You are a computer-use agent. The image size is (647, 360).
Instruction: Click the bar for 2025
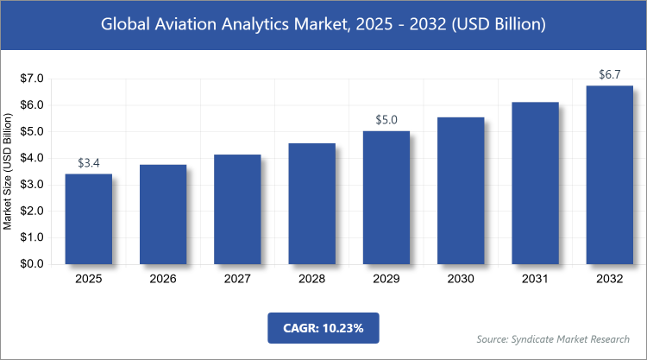[88, 219]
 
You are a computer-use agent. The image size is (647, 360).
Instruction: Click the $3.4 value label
[88, 163]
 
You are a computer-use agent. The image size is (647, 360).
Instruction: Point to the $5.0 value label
[386, 120]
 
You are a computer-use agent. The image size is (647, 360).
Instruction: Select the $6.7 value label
[609, 74]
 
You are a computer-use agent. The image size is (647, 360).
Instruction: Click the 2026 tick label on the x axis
[163, 280]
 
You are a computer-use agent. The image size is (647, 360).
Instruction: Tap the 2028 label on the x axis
[311, 280]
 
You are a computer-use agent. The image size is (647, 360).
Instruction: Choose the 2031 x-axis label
[535, 280]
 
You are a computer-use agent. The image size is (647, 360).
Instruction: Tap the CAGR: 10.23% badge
[323, 329]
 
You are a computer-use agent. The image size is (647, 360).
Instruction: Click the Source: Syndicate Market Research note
[555, 339]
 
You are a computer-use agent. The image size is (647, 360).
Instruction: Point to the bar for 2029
[386, 198]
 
